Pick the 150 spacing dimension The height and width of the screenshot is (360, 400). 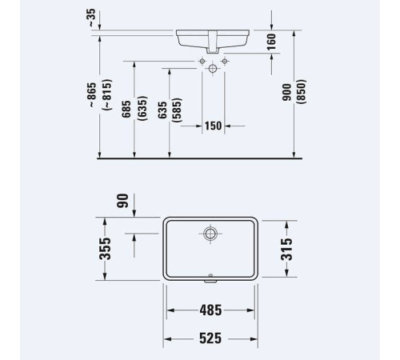[x=212, y=126]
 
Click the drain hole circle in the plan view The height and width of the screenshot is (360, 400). [x=210, y=234]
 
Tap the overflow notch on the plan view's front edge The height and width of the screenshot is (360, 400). [x=210, y=279]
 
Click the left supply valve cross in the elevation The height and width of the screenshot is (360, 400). [x=202, y=61]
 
